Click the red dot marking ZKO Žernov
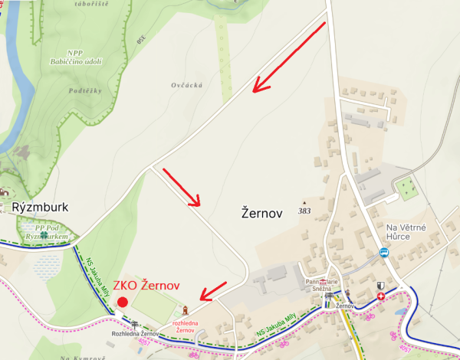coord(123,302)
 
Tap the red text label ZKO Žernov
coord(146,285)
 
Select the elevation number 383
coord(304,210)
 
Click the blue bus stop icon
coord(383,252)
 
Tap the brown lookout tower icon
coord(183,310)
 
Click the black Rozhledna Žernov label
coord(136,334)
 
